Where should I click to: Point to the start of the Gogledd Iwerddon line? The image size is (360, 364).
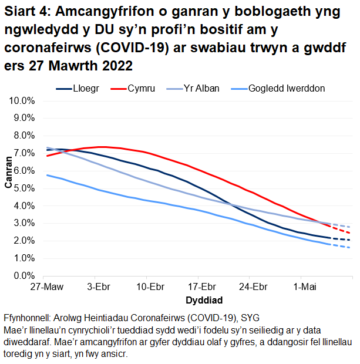pos(47,175)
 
